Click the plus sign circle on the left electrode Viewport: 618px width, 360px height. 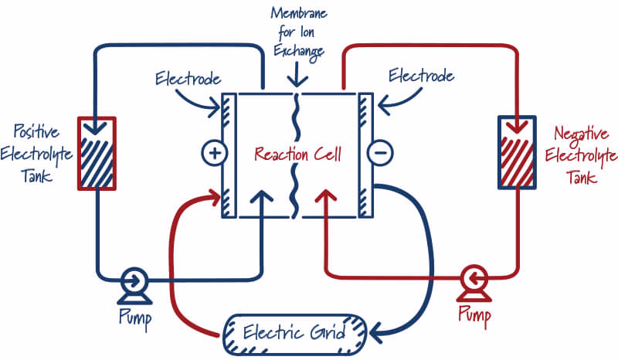215,153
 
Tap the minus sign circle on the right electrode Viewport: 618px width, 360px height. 380,153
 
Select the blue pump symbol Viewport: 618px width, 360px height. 134,287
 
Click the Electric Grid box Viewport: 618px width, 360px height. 295,335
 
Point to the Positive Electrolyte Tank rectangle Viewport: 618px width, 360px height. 97,154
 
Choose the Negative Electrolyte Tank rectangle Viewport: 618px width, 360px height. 517,152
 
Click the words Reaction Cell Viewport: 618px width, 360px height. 297,154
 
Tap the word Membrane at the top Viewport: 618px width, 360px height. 299,13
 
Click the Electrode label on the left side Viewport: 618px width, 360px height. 188,79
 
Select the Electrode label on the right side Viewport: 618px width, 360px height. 421,75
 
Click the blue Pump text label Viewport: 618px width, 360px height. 135,318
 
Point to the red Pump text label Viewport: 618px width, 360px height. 474,315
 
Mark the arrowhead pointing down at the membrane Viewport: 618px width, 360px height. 297,82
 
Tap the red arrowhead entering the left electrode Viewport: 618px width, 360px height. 215,198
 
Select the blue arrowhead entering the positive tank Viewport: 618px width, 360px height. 96,128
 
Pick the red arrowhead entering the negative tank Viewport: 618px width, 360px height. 517,127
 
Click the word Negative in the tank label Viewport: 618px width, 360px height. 582,134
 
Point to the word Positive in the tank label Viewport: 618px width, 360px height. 36,131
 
